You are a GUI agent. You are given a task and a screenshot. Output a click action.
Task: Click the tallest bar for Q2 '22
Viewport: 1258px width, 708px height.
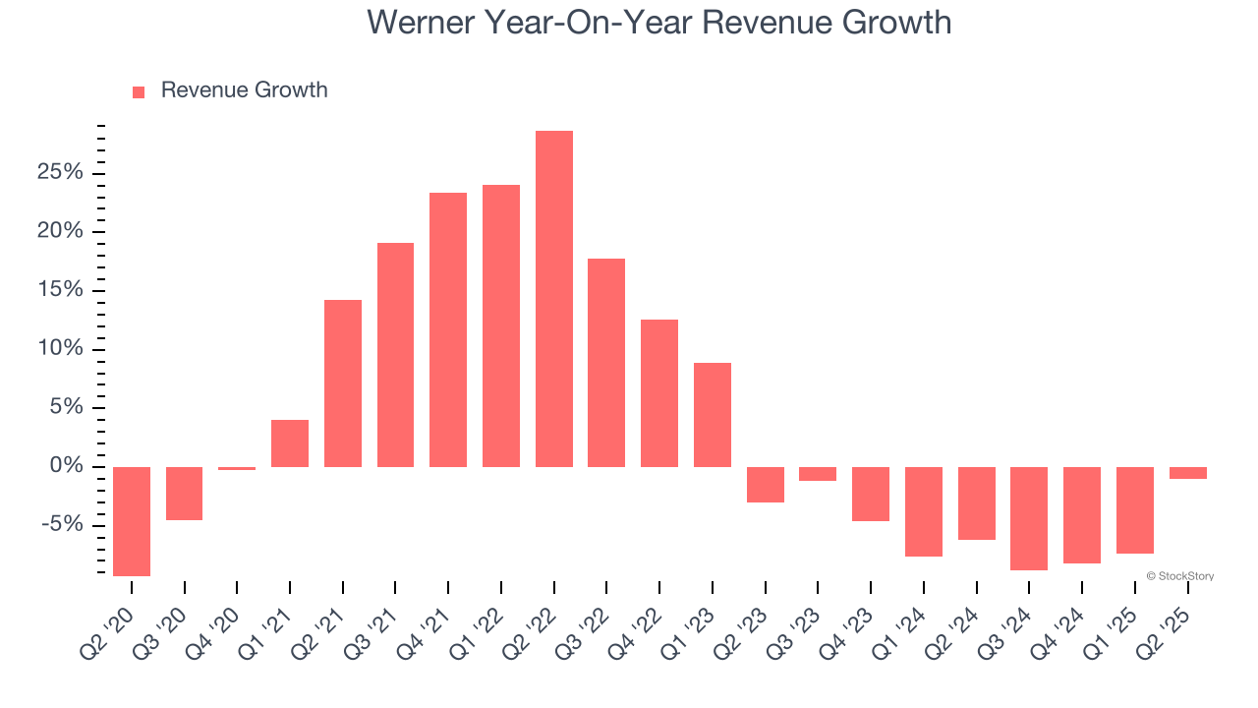pyautogui.click(x=553, y=299)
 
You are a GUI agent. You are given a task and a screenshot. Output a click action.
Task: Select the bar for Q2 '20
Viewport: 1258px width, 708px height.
pyautogui.click(x=132, y=521)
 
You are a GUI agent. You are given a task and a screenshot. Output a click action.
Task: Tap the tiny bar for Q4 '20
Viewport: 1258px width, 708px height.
pyautogui.click(x=237, y=468)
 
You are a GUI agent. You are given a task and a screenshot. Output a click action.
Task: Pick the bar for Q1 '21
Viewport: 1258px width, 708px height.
pyautogui.click(x=290, y=443)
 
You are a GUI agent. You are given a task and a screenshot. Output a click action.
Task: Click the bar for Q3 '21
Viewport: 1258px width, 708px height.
pyautogui.click(x=395, y=355)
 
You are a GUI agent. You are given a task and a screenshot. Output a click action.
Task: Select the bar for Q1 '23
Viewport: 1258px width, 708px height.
pyautogui.click(x=712, y=415)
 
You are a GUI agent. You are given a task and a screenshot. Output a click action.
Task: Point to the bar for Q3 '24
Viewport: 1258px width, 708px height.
pyautogui.click(x=1029, y=518)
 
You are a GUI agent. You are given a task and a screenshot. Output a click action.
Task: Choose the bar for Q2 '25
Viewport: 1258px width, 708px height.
pyautogui.click(x=1187, y=473)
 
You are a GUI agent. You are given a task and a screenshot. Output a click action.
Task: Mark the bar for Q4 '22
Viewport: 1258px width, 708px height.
pyautogui.click(x=659, y=393)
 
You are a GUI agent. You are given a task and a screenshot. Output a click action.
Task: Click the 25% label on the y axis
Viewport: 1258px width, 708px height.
pyautogui.click(x=61, y=173)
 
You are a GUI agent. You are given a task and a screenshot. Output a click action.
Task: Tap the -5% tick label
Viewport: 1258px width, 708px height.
pyautogui.click(x=61, y=524)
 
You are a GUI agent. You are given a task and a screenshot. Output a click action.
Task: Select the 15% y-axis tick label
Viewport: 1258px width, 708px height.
pyautogui.click(x=61, y=290)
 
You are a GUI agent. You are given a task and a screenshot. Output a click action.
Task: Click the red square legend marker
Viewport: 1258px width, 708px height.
pyautogui.click(x=139, y=91)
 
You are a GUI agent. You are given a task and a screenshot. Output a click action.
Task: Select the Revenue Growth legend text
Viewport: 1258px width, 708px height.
pyautogui.click(x=244, y=90)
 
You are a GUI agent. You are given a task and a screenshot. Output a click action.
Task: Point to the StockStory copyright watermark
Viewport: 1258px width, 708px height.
pyautogui.click(x=1179, y=576)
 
